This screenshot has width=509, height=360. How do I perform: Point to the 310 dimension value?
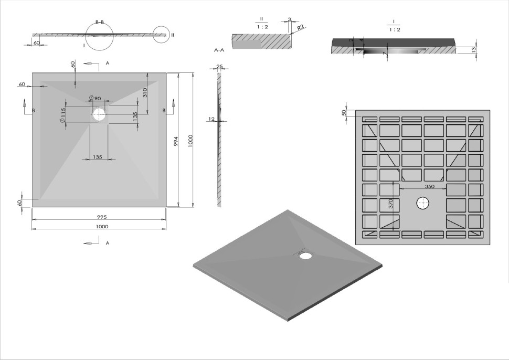[x=144, y=92]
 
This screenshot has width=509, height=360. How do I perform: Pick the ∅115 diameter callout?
[x=63, y=116]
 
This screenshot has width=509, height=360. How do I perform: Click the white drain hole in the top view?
[x=99, y=113]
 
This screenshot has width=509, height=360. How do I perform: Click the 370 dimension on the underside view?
[x=390, y=204]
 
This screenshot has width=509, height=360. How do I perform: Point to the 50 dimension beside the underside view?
[x=344, y=113]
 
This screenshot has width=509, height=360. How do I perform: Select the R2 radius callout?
[x=301, y=28]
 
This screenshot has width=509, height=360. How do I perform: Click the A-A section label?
[x=219, y=50]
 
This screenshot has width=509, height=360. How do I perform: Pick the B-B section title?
[x=99, y=22]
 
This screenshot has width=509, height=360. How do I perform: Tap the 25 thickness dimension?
[x=219, y=67]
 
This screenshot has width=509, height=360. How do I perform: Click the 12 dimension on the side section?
[x=211, y=119]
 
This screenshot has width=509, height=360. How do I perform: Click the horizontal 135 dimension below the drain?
[x=98, y=157]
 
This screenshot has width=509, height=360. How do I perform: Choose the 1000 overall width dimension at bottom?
[x=102, y=227]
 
